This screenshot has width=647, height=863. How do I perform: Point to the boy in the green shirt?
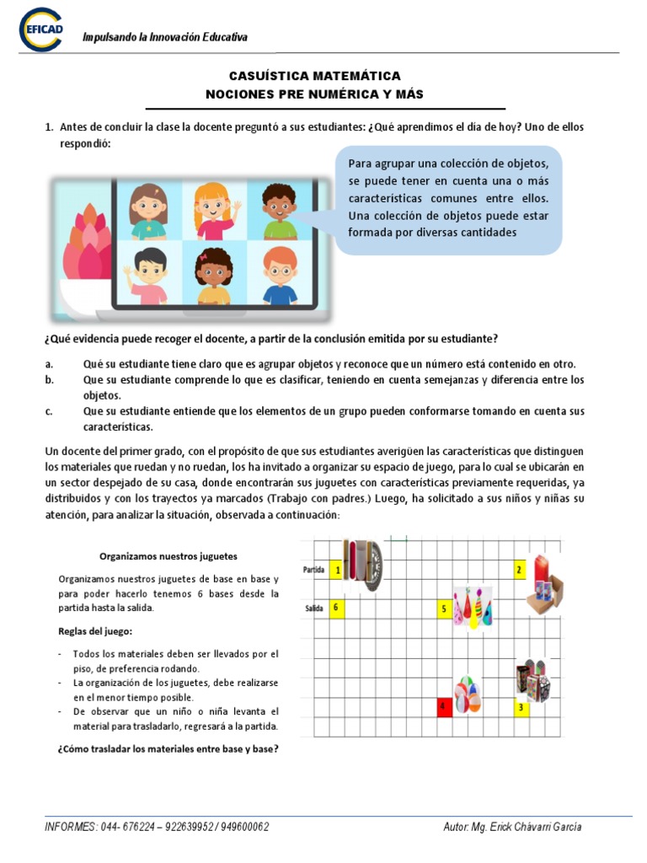280,211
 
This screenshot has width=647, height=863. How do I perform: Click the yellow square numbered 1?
338,571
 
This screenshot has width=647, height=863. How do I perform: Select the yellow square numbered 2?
520,571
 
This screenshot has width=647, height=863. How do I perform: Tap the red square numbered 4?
442,706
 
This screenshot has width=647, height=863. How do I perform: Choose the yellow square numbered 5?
444,608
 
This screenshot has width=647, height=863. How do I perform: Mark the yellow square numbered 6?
337,607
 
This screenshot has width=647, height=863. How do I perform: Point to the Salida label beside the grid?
314,608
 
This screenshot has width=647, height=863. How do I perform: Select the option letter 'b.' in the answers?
50,380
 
